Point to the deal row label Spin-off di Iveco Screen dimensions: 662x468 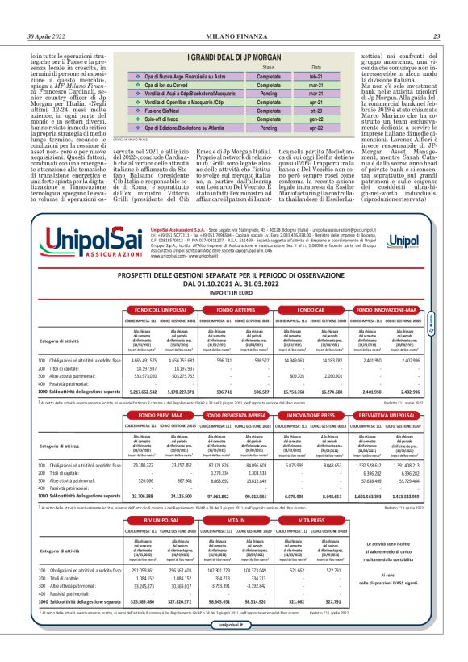click(x=168, y=119)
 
